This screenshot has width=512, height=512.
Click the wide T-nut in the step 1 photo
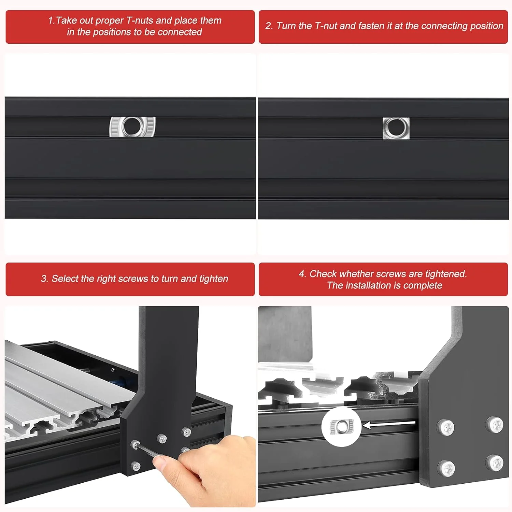pos(132,127)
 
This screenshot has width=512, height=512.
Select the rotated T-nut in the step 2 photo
pos(396,128)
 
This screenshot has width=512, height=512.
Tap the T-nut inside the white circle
pos(341,426)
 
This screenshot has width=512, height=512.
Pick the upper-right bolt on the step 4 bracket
pos(495,425)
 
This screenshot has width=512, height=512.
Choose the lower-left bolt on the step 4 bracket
pos(446,468)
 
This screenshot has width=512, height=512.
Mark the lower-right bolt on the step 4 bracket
pos(495,463)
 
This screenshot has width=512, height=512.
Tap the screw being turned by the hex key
pos(135,444)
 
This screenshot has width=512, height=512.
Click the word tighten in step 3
pos(213,279)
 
